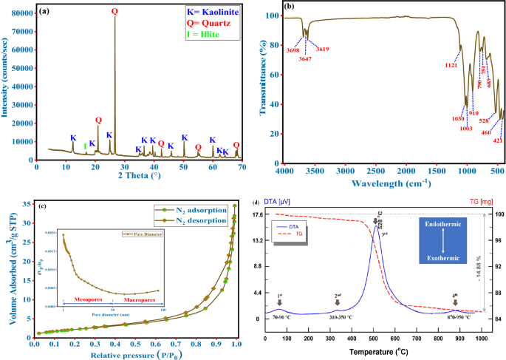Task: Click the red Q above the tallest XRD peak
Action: (114, 12)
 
